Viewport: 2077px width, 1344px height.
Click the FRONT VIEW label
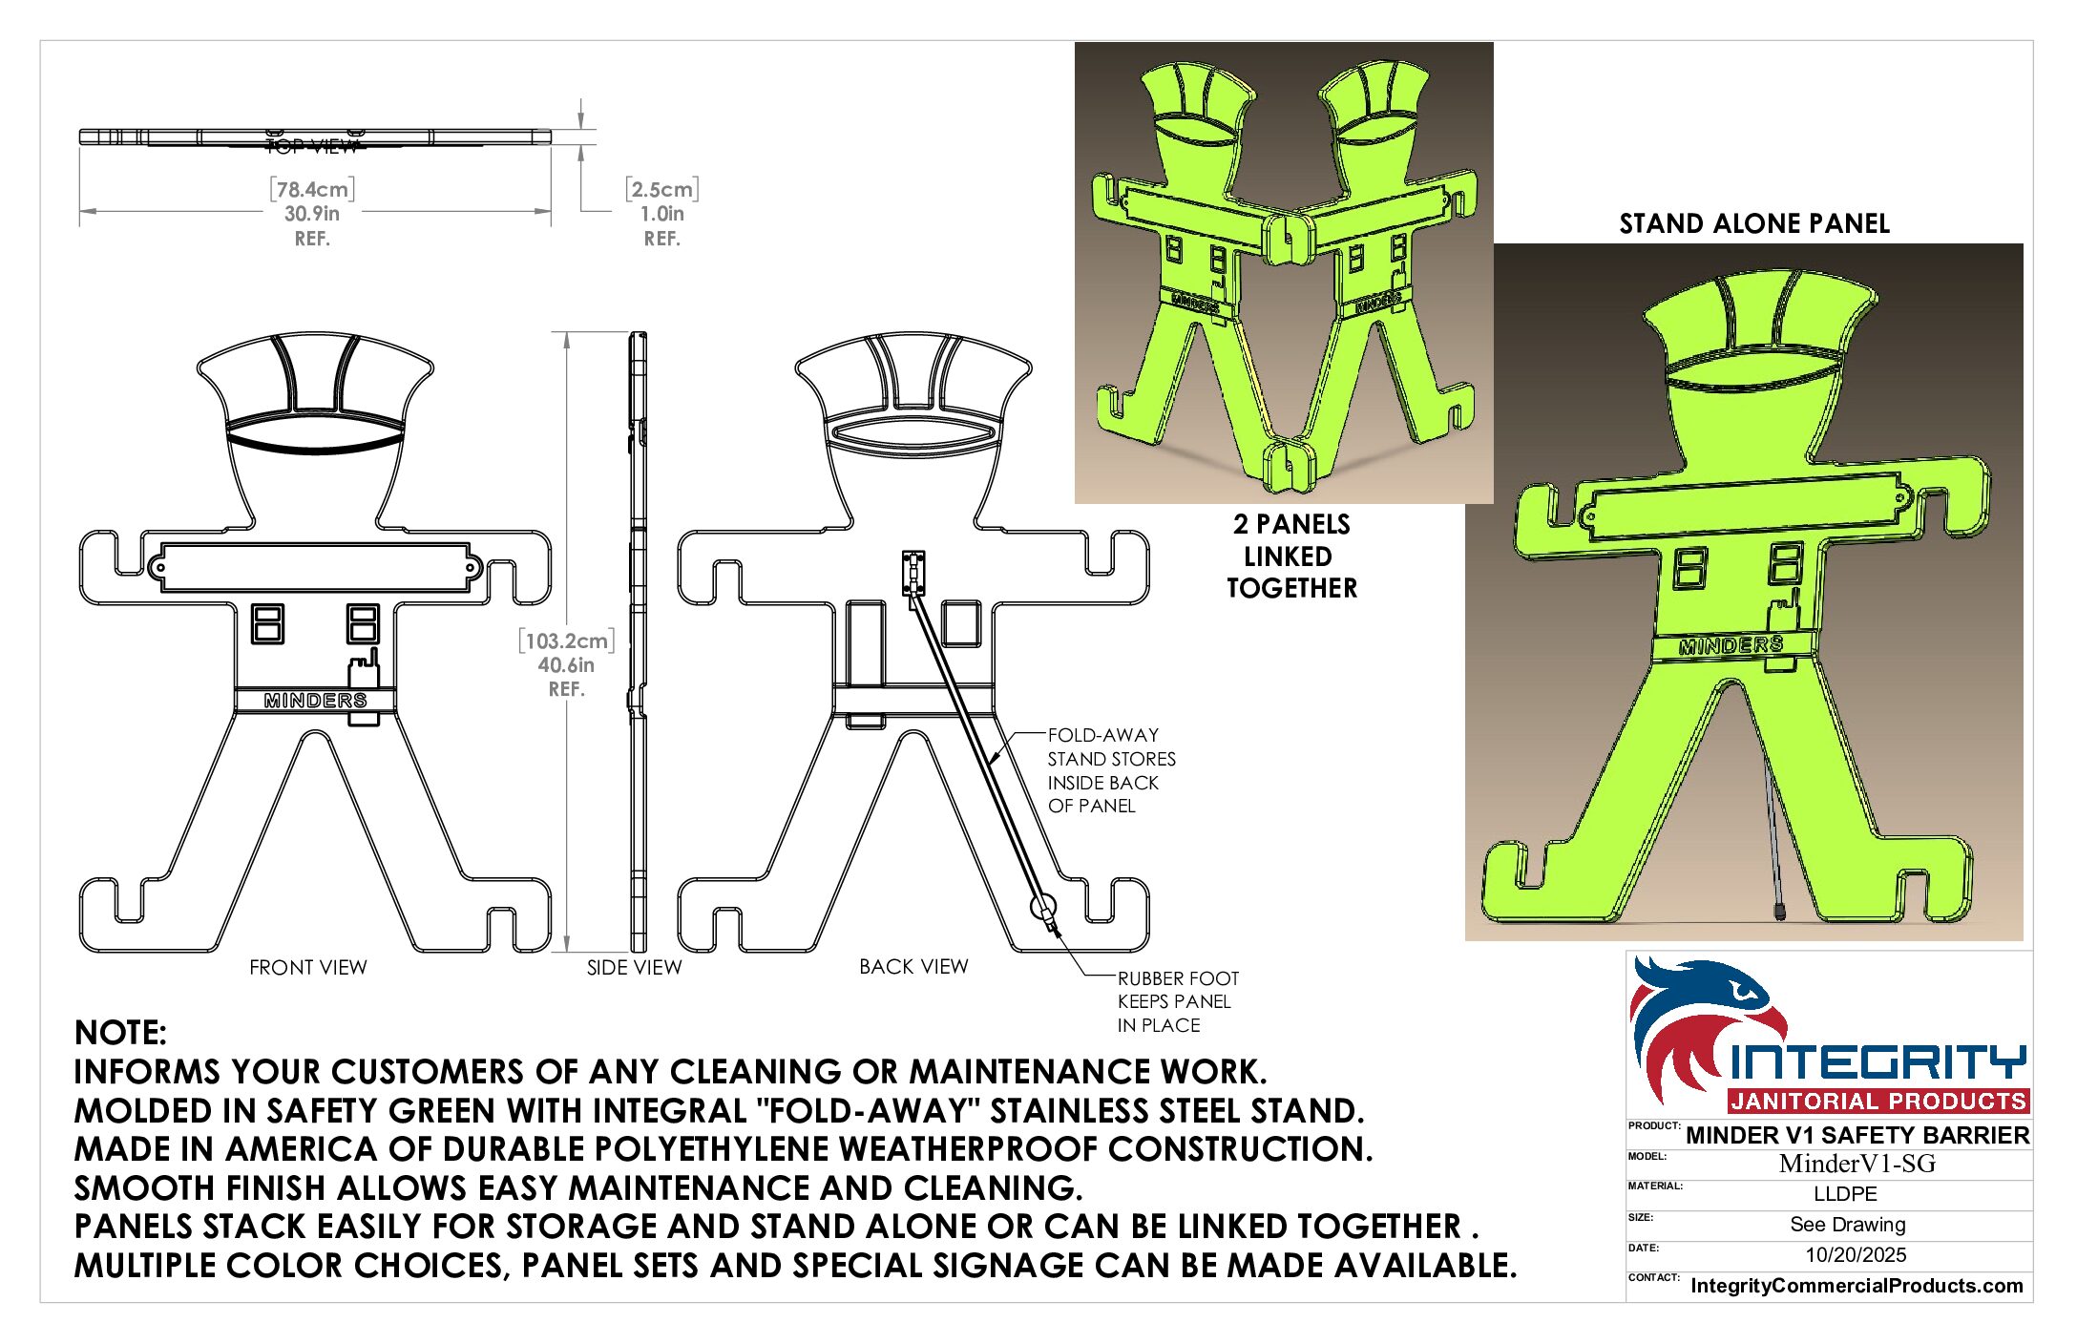(307, 967)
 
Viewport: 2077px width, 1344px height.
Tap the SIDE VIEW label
(634, 967)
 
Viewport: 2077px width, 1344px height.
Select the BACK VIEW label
(913, 966)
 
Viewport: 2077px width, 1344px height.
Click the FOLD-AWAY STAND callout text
(1111, 770)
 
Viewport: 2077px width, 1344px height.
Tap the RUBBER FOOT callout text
(1178, 1001)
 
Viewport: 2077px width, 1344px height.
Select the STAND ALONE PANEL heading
(1754, 223)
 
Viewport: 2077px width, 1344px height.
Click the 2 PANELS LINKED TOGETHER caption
(1291, 556)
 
